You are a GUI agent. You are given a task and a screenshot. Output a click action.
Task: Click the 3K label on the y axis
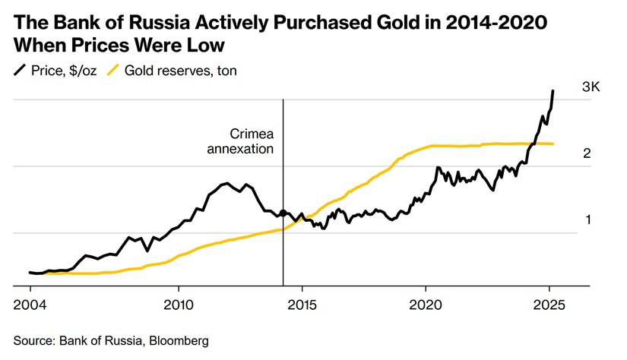point(591,87)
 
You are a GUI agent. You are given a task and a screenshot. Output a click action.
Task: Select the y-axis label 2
point(587,153)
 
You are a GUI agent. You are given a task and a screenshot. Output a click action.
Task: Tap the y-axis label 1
point(587,220)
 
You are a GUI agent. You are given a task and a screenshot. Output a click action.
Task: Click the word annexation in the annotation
point(240,149)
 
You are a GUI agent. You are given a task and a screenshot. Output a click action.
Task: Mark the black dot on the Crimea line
point(283,213)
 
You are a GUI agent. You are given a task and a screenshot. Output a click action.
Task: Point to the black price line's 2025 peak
point(553,91)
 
